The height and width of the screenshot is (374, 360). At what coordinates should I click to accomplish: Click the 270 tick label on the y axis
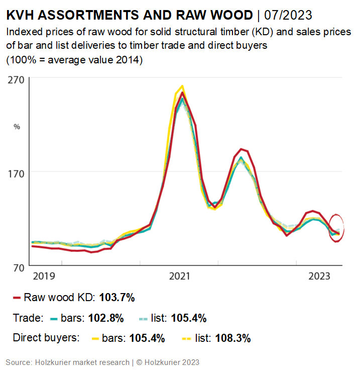click(x=16, y=79)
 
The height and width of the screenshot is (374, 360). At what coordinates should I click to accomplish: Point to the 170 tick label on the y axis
click(x=16, y=172)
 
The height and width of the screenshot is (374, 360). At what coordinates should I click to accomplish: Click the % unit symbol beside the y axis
click(x=17, y=127)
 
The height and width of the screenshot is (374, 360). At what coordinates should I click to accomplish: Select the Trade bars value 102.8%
click(x=106, y=318)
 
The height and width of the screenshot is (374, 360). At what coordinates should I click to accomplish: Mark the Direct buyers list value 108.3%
click(x=232, y=338)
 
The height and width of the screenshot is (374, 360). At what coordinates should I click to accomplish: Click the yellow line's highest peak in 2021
click(x=182, y=86)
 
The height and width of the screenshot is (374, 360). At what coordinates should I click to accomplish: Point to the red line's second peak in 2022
click(x=242, y=149)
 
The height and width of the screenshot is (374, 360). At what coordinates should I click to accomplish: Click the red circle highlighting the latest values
click(x=336, y=227)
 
